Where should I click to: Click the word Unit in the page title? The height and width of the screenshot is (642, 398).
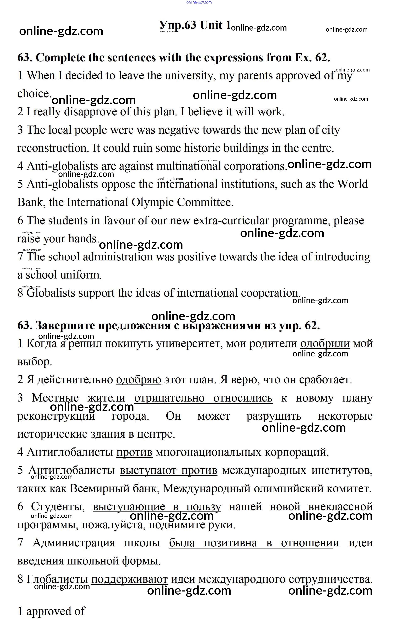[211, 25]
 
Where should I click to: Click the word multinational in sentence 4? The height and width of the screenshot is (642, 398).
[188, 166]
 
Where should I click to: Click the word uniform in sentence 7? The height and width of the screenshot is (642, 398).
[81, 275]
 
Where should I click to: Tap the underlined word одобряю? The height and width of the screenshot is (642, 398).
[139, 380]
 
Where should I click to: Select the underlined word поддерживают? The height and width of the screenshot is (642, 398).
[129, 579]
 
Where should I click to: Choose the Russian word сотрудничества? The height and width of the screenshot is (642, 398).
[330, 579]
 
